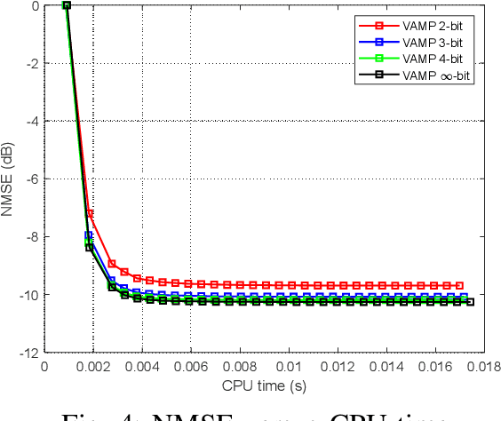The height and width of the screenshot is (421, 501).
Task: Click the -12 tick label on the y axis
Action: pos(30,353)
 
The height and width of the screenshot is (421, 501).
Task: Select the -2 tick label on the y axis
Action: pos(33,63)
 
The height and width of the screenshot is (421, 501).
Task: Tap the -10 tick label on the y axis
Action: pos(30,295)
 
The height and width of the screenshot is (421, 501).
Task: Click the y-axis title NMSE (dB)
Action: pos(10,179)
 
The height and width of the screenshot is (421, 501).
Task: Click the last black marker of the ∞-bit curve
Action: pos(470,302)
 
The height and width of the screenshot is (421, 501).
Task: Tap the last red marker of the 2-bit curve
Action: pos(459,285)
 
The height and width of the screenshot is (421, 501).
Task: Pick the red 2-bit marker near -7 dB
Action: pos(90,213)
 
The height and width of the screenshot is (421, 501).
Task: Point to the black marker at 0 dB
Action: pos(67,5)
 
